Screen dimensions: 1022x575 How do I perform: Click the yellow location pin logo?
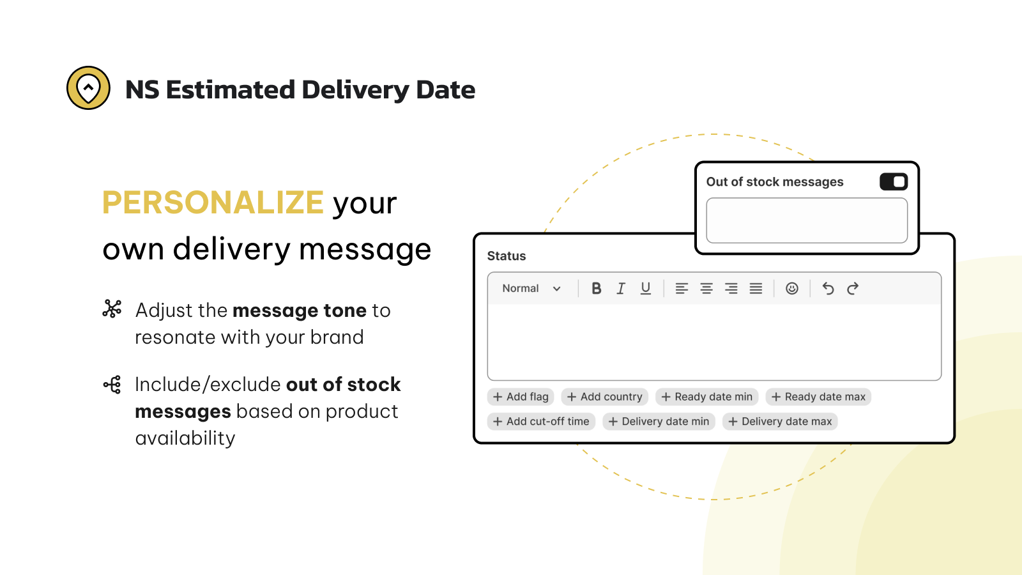88,88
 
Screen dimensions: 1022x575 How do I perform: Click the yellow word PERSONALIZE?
213,202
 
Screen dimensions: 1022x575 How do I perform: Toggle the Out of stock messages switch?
894,181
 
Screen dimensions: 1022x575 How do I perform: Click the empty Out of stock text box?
807,220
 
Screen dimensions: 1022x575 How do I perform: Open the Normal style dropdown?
531,288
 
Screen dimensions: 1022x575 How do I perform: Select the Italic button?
620,288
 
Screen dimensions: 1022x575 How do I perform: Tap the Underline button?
645,288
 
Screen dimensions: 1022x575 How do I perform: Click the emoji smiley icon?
791,288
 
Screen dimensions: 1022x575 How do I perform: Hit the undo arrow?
828,288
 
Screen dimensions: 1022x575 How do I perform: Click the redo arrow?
852,288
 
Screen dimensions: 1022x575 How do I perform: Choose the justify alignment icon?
756,288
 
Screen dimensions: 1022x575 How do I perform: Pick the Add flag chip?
521,397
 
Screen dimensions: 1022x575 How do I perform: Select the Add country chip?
604,397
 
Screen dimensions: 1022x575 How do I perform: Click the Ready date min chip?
706,397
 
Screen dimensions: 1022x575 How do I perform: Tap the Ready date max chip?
818,397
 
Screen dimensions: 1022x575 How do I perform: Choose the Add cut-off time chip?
541,421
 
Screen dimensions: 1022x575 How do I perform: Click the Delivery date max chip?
780,421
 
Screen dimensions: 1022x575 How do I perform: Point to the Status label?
507,256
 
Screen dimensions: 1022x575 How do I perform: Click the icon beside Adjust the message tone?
112,309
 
